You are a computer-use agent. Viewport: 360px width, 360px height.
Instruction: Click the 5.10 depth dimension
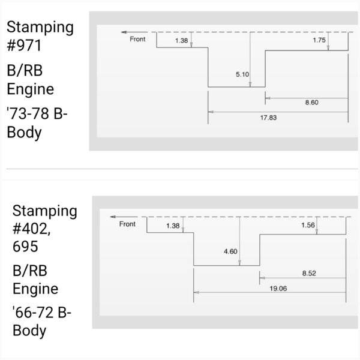[242, 74]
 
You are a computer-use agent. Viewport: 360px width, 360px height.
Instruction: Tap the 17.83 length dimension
[268, 118]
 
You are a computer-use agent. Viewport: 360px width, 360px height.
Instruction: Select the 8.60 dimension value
[311, 103]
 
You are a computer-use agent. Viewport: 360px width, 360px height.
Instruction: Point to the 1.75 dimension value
[319, 40]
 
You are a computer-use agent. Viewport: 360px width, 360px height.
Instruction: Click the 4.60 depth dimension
[230, 251]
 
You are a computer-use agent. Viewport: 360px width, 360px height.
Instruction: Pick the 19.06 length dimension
[278, 289]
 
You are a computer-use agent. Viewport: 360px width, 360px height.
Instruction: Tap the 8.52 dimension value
[309, 273]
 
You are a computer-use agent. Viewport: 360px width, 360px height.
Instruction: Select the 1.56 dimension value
[308, 225]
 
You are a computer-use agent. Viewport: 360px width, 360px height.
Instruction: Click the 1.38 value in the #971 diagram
[181, 41]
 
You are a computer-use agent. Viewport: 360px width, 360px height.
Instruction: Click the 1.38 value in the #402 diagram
[173, 226]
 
